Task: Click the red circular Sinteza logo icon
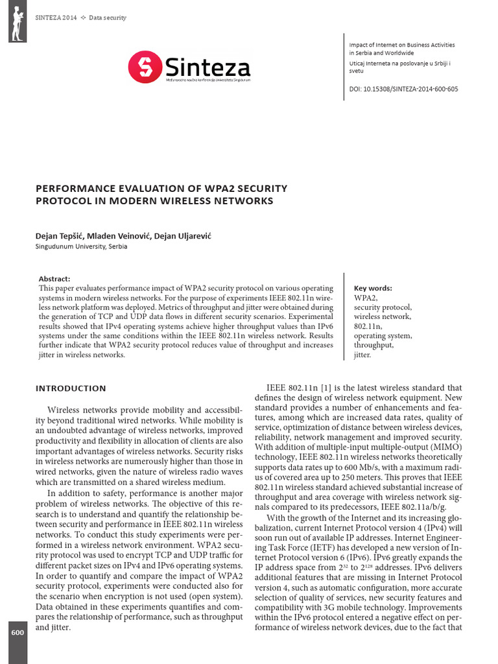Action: tap(144, 67)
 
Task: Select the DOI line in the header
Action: tap(403, 89)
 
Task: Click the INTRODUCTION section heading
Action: tap(71, 388)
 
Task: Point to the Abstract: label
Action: tap(54, 278)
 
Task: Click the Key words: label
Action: tap(373, 288)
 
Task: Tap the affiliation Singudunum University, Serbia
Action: tap(81, 247)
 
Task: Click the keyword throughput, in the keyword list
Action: tap(373, 346)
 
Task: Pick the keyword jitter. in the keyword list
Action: tap(363, 355)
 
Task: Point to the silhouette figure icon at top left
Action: tap(18, 21)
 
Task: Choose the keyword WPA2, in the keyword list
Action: tap(364, 298)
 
